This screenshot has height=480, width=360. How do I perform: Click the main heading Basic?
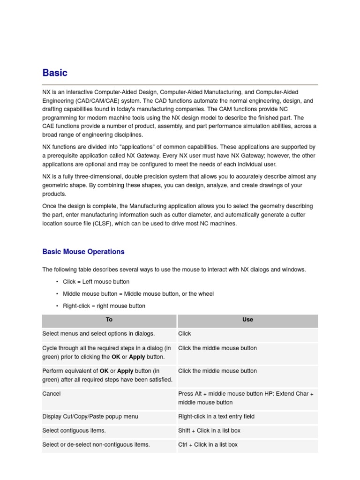point(55,73)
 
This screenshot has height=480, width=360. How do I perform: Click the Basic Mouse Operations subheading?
point(83,252)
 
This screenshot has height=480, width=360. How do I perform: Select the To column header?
point(109,320)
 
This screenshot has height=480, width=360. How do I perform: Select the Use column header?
point(247,320)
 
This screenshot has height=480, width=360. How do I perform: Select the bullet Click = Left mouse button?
point(96,282)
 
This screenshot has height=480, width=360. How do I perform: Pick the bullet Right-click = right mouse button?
point(104,306)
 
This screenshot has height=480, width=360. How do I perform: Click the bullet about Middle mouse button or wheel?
point(138,294)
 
